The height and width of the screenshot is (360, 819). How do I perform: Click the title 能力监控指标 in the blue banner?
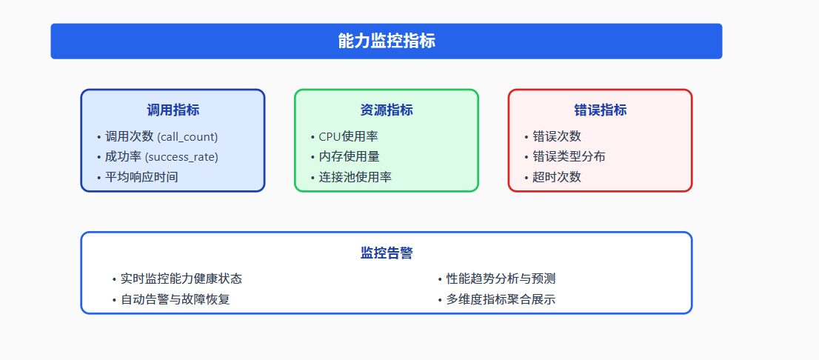tap(386, 41)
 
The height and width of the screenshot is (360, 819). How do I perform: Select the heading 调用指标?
tap(173, 110)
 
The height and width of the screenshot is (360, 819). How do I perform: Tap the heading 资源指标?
tap(387, 110)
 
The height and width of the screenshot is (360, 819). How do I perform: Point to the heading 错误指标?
tap(600, 110)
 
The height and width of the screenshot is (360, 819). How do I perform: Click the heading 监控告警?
tap(387, 253)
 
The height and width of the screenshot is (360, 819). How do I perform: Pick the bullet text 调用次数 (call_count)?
tap(161, 136)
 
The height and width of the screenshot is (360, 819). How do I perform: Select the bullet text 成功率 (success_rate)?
tap(161, 157)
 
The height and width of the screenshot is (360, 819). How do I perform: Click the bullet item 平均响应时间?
tap(141, 177)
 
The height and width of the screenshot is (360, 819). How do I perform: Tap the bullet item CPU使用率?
tap(349, 136)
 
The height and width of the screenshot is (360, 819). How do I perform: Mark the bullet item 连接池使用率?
tap(355, 177)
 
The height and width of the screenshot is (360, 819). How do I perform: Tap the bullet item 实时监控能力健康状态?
tap(181, 279)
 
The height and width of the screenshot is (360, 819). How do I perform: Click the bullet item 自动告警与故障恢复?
tap(175, 299)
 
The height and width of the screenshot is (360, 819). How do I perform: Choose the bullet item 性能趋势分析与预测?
tap(501, 279)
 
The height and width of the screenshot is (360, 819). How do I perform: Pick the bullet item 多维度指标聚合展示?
tap(501, 299)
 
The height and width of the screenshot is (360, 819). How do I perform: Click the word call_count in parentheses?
tap(188, 137)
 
